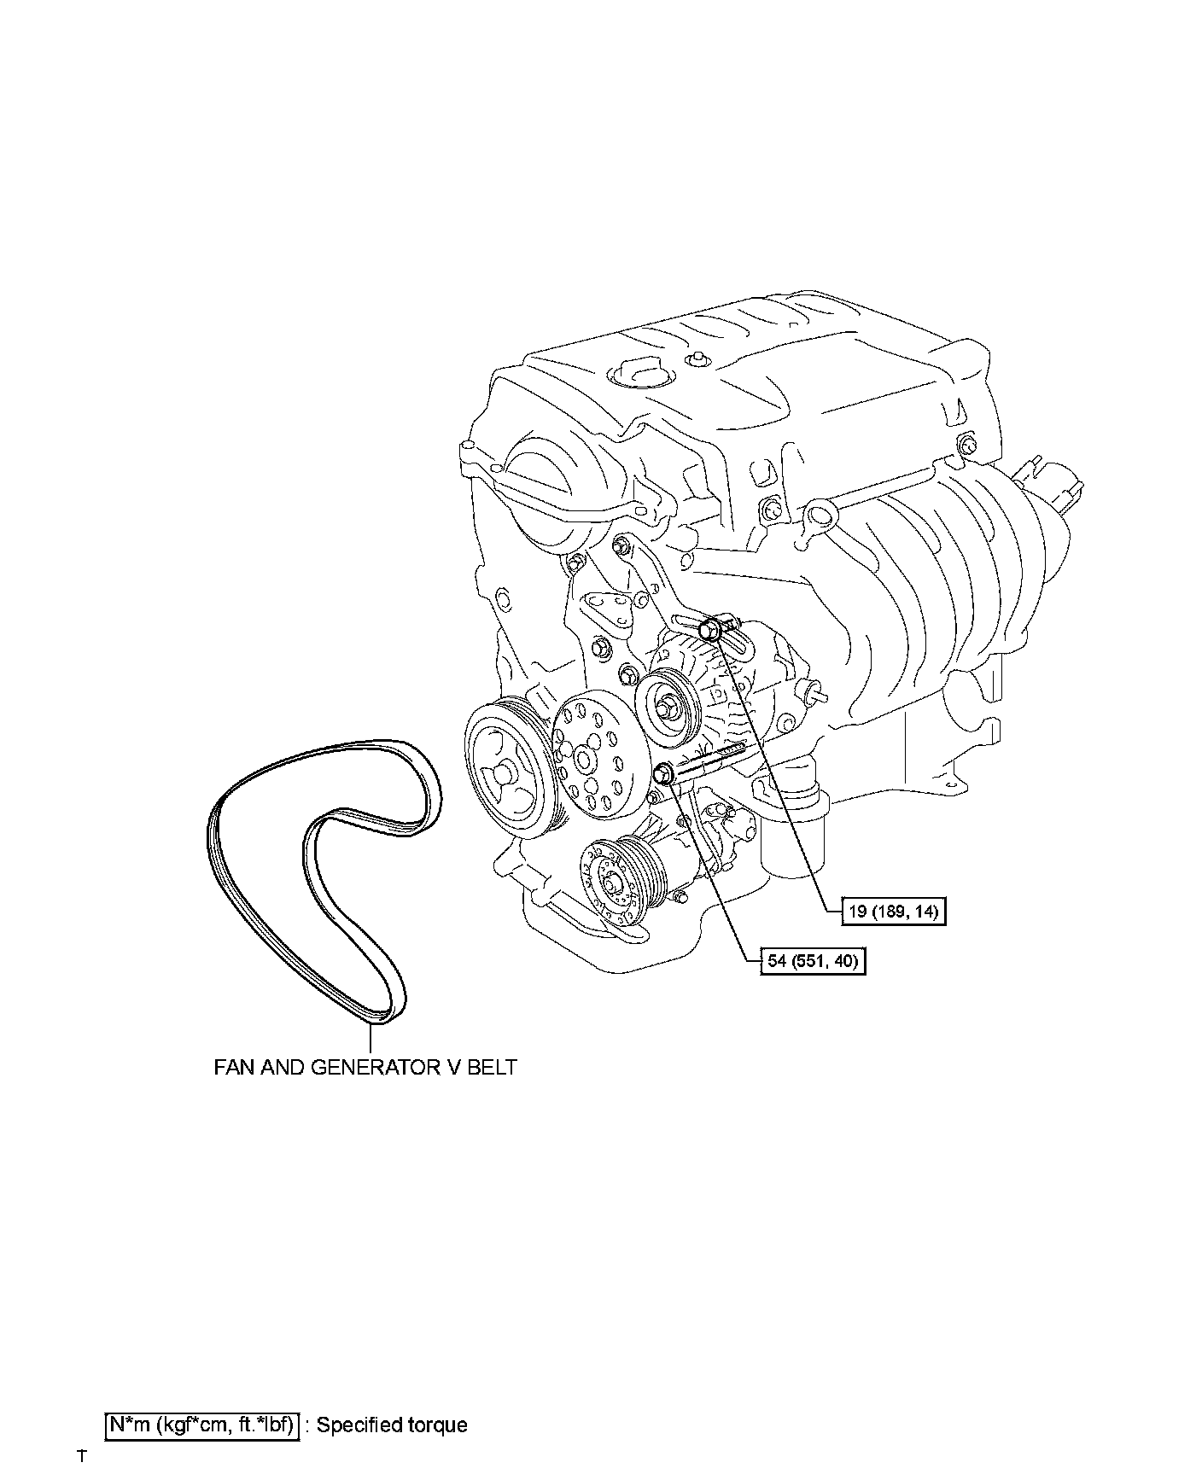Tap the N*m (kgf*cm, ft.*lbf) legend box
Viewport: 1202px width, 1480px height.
(x=201, y=1425)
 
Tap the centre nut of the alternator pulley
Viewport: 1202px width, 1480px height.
(x=665, y=708)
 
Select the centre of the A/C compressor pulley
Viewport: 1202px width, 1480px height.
(x=612, y=883)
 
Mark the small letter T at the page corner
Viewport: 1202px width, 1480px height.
(x=82, y=1455)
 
